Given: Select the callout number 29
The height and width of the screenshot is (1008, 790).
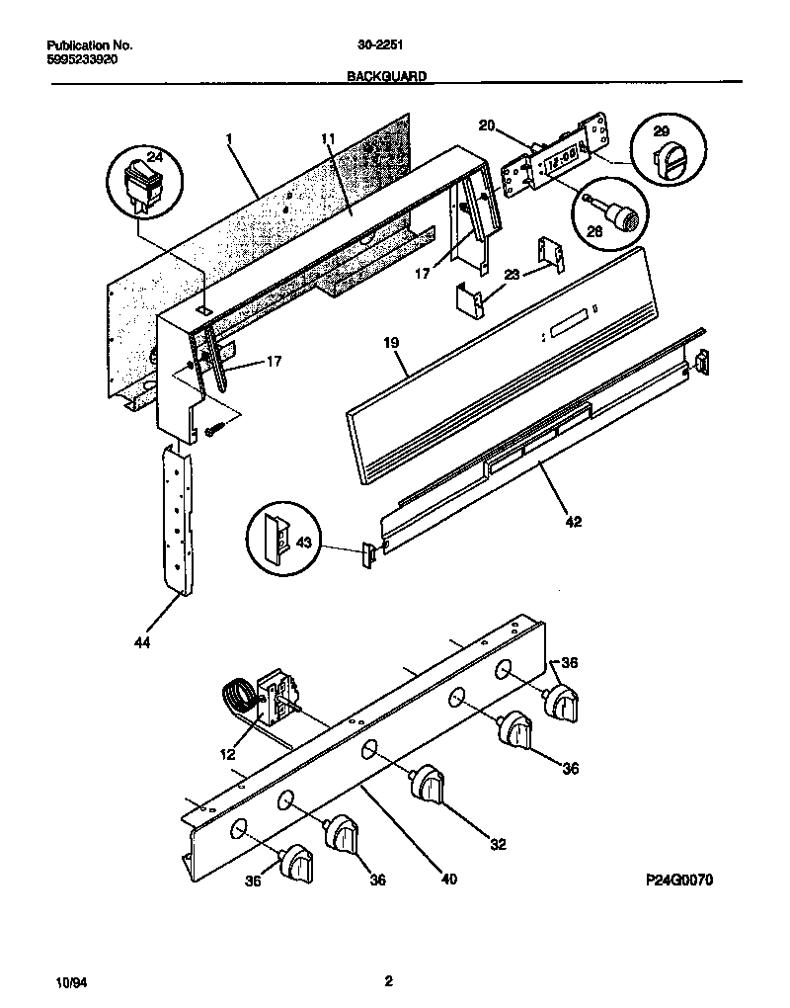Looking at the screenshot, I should pos(662,130).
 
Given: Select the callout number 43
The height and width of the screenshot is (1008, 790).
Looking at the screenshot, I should pos(303,544).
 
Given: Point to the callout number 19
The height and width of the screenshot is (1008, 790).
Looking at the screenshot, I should pos(390,345).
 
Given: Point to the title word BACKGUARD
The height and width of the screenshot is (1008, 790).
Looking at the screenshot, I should pos(387,75).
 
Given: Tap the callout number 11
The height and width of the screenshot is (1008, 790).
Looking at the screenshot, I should pos(329,140).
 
